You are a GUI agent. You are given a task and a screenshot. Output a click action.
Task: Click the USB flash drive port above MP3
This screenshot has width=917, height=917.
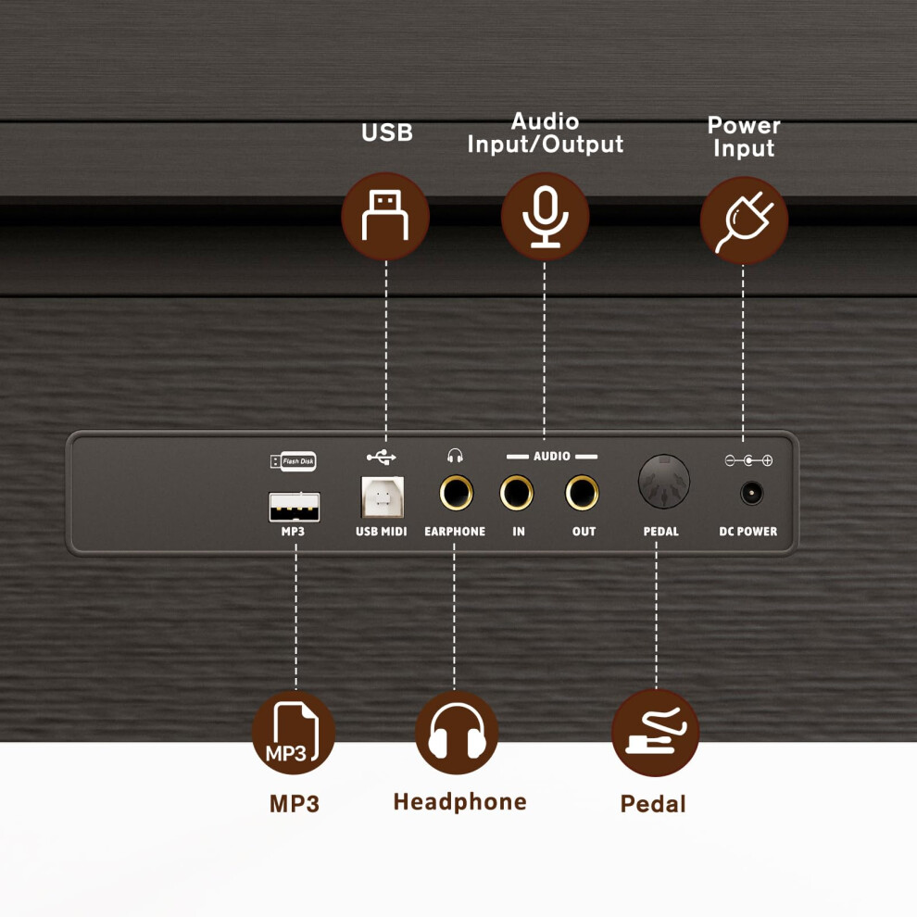tap(295, 507)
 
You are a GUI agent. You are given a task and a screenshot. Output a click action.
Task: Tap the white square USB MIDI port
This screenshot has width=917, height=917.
tap(383, 497)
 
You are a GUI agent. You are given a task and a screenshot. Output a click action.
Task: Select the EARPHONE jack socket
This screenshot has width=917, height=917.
tap(456, 493)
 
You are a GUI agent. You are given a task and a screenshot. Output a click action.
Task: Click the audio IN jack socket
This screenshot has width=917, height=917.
tap(517, 493)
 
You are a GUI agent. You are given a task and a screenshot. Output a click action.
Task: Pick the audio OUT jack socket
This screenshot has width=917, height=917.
tap(582, 493)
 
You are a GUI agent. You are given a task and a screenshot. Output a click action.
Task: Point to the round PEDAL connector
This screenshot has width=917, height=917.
tap(664, 482)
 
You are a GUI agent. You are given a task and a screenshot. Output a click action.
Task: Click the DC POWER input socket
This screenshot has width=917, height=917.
tap(751, 493)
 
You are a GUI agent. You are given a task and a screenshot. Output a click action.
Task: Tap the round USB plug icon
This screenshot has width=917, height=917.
tap(385, 216)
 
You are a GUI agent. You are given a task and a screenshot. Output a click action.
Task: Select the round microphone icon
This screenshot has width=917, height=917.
tap(545, 216)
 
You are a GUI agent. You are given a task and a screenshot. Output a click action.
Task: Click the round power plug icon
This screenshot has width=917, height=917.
tap(744, 220)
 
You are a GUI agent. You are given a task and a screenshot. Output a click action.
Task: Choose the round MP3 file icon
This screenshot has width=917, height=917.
tap(294, 732)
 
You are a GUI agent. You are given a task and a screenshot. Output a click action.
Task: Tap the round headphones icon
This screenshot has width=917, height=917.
tap(457, 732)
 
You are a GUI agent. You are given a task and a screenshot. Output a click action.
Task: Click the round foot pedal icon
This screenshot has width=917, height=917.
tap(655, 732)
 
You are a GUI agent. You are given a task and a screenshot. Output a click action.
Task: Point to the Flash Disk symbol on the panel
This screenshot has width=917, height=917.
tap(293, 461)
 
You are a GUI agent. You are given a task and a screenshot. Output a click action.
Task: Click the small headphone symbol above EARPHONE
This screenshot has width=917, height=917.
tap(455, 456)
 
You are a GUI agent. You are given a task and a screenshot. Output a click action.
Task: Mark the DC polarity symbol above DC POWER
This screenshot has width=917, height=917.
tap(748, 461)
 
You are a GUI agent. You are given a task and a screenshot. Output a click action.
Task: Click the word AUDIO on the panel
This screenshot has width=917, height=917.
tap(551, 456)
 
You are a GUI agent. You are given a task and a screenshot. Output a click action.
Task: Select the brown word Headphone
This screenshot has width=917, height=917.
tap(459, 802)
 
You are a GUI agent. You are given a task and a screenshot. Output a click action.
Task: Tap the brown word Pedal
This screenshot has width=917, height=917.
tap(653, 804)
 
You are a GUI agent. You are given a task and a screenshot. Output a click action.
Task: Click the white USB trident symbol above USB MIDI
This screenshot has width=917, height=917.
tap(382, 457)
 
